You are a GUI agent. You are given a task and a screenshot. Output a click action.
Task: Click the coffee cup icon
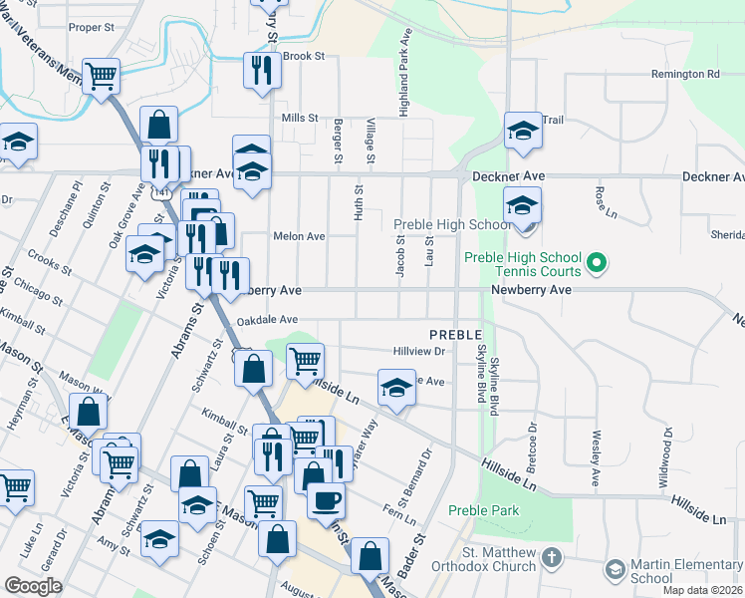[x=326, y=499]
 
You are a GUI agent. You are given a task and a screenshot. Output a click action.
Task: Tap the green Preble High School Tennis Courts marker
[x=597, y=264]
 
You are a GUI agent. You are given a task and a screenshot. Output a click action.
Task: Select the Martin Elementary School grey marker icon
[x=616, y=569]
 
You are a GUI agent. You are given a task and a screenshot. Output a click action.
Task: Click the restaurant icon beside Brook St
[x=262, y=71]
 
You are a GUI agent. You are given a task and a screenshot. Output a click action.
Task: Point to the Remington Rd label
[x=685, y=75]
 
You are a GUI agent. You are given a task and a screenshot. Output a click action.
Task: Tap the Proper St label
[x=93, y=27]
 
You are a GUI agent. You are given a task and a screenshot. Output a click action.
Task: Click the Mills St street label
[x=299, y=118]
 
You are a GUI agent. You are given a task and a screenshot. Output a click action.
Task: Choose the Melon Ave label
[x=299, y=236]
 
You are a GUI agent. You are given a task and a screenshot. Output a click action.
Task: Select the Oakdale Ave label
[x=268, y=320]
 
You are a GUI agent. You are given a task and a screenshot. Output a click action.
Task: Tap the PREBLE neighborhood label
[x=456, y=334]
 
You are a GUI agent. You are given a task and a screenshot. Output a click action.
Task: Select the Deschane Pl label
[x=71, y=205]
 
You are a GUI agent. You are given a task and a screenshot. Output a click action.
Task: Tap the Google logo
[x=33, y=586]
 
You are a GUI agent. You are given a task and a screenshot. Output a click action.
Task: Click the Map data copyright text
[x=703, y=590]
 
